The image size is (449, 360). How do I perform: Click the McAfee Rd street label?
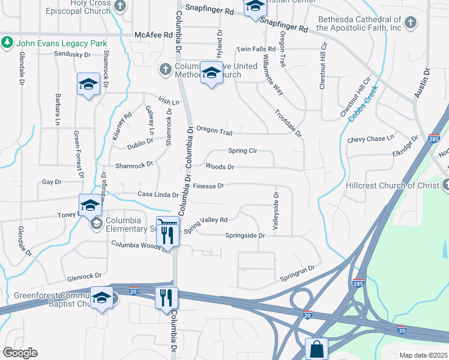point(153,35)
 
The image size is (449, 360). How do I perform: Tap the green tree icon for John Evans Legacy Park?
point(7,43)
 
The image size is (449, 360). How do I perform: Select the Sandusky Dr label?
point(72,54)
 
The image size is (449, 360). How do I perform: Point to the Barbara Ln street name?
point(58,106)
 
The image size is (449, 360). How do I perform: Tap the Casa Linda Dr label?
point(158,195)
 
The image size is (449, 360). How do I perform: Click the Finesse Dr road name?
point(208,186)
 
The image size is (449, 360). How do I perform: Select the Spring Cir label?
point(243,151)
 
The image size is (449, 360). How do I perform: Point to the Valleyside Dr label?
point(277,212)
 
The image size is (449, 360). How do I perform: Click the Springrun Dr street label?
point(297,273)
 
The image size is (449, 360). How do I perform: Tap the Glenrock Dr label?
point(85,277)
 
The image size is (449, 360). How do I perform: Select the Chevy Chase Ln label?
point(370,139)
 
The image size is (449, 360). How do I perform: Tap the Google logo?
point(20,353)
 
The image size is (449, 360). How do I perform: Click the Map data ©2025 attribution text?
point(423,355)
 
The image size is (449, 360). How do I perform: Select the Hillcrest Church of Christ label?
point(393,185)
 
